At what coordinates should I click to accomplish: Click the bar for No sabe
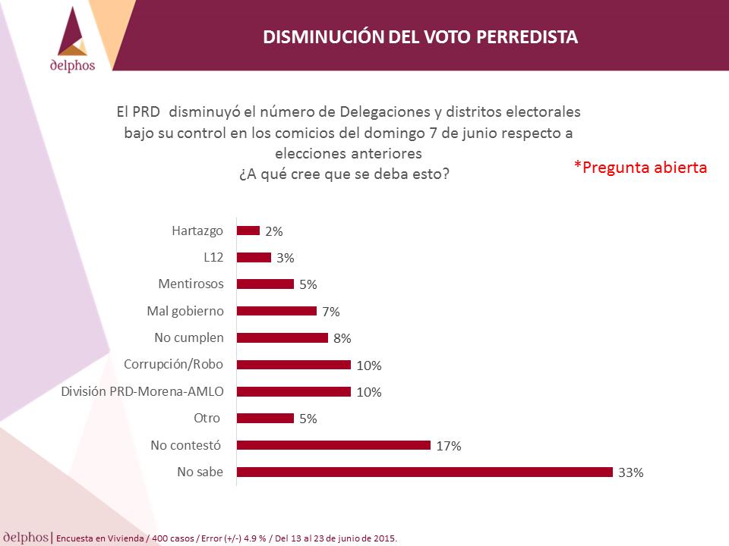pos(424,472)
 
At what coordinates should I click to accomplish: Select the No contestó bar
pos(333,445)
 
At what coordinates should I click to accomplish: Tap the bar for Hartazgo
pos(248,231)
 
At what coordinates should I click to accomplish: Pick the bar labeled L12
pos(254,257)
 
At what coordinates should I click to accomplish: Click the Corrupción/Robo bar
pos(293,365)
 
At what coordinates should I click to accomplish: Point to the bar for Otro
pos(265,419)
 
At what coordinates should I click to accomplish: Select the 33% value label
pos(631,472)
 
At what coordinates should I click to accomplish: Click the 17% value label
pos(449,446)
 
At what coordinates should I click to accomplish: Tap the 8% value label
pos(342,338)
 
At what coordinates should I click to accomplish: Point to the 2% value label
pos(274,231)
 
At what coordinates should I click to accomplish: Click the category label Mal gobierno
pos(185,311)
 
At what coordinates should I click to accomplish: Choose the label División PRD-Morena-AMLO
pos(142,391)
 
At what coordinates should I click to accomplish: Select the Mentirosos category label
pos(191,284)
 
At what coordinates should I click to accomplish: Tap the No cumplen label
pos(189,337)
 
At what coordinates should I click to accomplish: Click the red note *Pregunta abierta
pos(640,167)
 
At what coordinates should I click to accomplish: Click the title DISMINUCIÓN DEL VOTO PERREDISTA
pos(420,37)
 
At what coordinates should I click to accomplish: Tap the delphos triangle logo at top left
pos(73,32)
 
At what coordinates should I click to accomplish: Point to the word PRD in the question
pos(146,112)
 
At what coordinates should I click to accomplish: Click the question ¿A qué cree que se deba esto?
pos(344,174)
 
